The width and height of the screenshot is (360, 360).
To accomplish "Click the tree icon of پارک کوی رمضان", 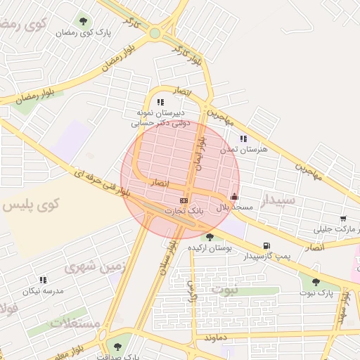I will [84, 21].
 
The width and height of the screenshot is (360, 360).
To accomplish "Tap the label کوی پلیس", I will [31, 205].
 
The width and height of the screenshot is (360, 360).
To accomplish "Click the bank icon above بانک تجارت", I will [184, 201].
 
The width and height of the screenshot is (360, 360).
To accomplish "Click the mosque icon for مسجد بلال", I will [234, 197].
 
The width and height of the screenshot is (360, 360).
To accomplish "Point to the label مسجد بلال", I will [229, 208].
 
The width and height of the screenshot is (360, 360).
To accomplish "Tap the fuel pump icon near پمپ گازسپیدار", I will [266, 246].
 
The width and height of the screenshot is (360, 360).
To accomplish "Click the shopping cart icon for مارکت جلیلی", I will [342, 219].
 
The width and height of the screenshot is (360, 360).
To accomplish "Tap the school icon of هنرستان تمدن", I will [243, 139].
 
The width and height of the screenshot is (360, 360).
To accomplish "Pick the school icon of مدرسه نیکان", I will [43, 280].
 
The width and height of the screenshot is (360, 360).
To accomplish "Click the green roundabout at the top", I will [155, 33].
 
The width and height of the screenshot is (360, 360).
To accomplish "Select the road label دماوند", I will [217, 339].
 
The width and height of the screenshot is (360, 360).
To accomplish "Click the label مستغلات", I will [77, 323].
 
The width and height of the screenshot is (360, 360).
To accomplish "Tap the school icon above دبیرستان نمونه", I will [160, 102].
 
